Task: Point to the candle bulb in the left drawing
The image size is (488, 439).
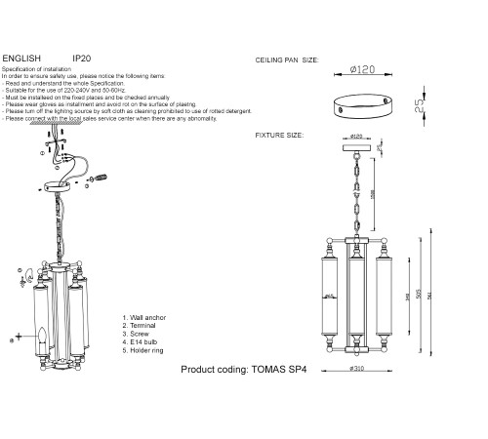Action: tap(42, 339)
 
